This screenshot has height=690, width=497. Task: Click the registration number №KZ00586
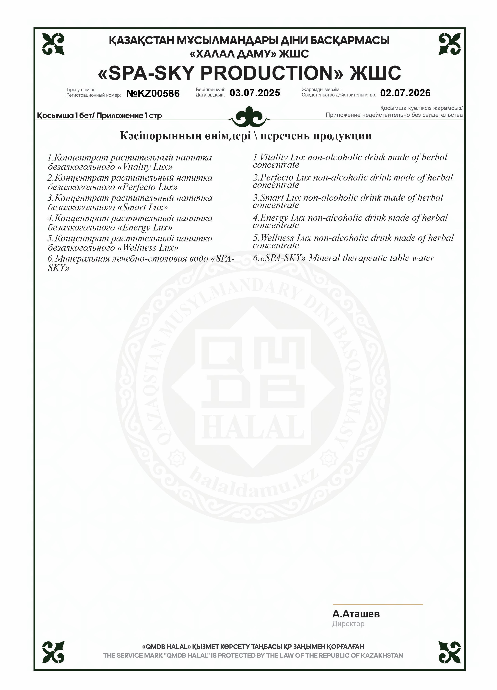coord(153,93)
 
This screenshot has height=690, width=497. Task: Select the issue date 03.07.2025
coord(255,93)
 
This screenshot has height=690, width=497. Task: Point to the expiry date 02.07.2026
coord(405,93)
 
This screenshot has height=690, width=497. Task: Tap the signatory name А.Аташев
coord(356,614)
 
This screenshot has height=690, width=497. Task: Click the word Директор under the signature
coord(348,624)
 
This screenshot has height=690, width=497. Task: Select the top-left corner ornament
coord(53,44)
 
